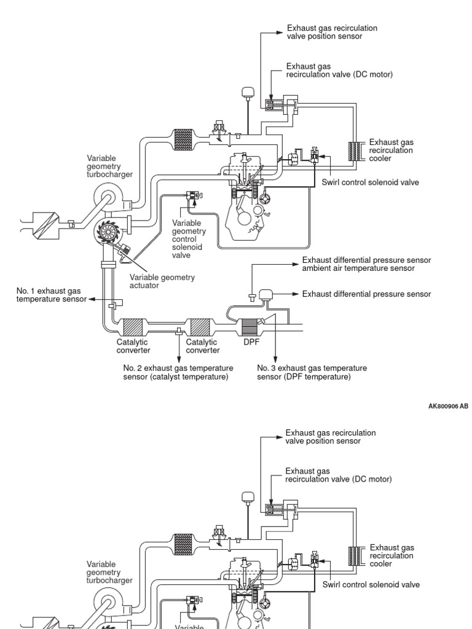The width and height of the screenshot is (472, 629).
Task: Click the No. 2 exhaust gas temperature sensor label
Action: pyautogui.click(x=178, y=372)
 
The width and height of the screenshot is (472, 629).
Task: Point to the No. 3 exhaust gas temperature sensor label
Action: pyautogui.click(x=312, y=372)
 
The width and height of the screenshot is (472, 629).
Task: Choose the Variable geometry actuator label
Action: pyautogui.click(x=162, y=281)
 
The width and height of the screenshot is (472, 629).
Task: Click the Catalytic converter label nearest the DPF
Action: pyautogui.click(x=202, y=346)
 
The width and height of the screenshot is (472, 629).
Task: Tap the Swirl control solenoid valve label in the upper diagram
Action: pyautogui.click(x=371, y=182)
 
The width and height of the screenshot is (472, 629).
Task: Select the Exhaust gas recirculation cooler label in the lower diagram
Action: pyautogui.click(x=391, y=555)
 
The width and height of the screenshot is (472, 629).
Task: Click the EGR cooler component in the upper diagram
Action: pyautogui.click(x=355, y=151)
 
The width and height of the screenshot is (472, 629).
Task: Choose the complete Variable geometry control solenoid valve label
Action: pyautogui.click(x=189, y=240)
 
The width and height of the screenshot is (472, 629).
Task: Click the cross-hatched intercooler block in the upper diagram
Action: pyautogui.click(x=184, y=138)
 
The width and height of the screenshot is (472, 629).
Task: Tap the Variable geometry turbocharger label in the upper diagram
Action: pyautogui.click(x=110, y=166)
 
